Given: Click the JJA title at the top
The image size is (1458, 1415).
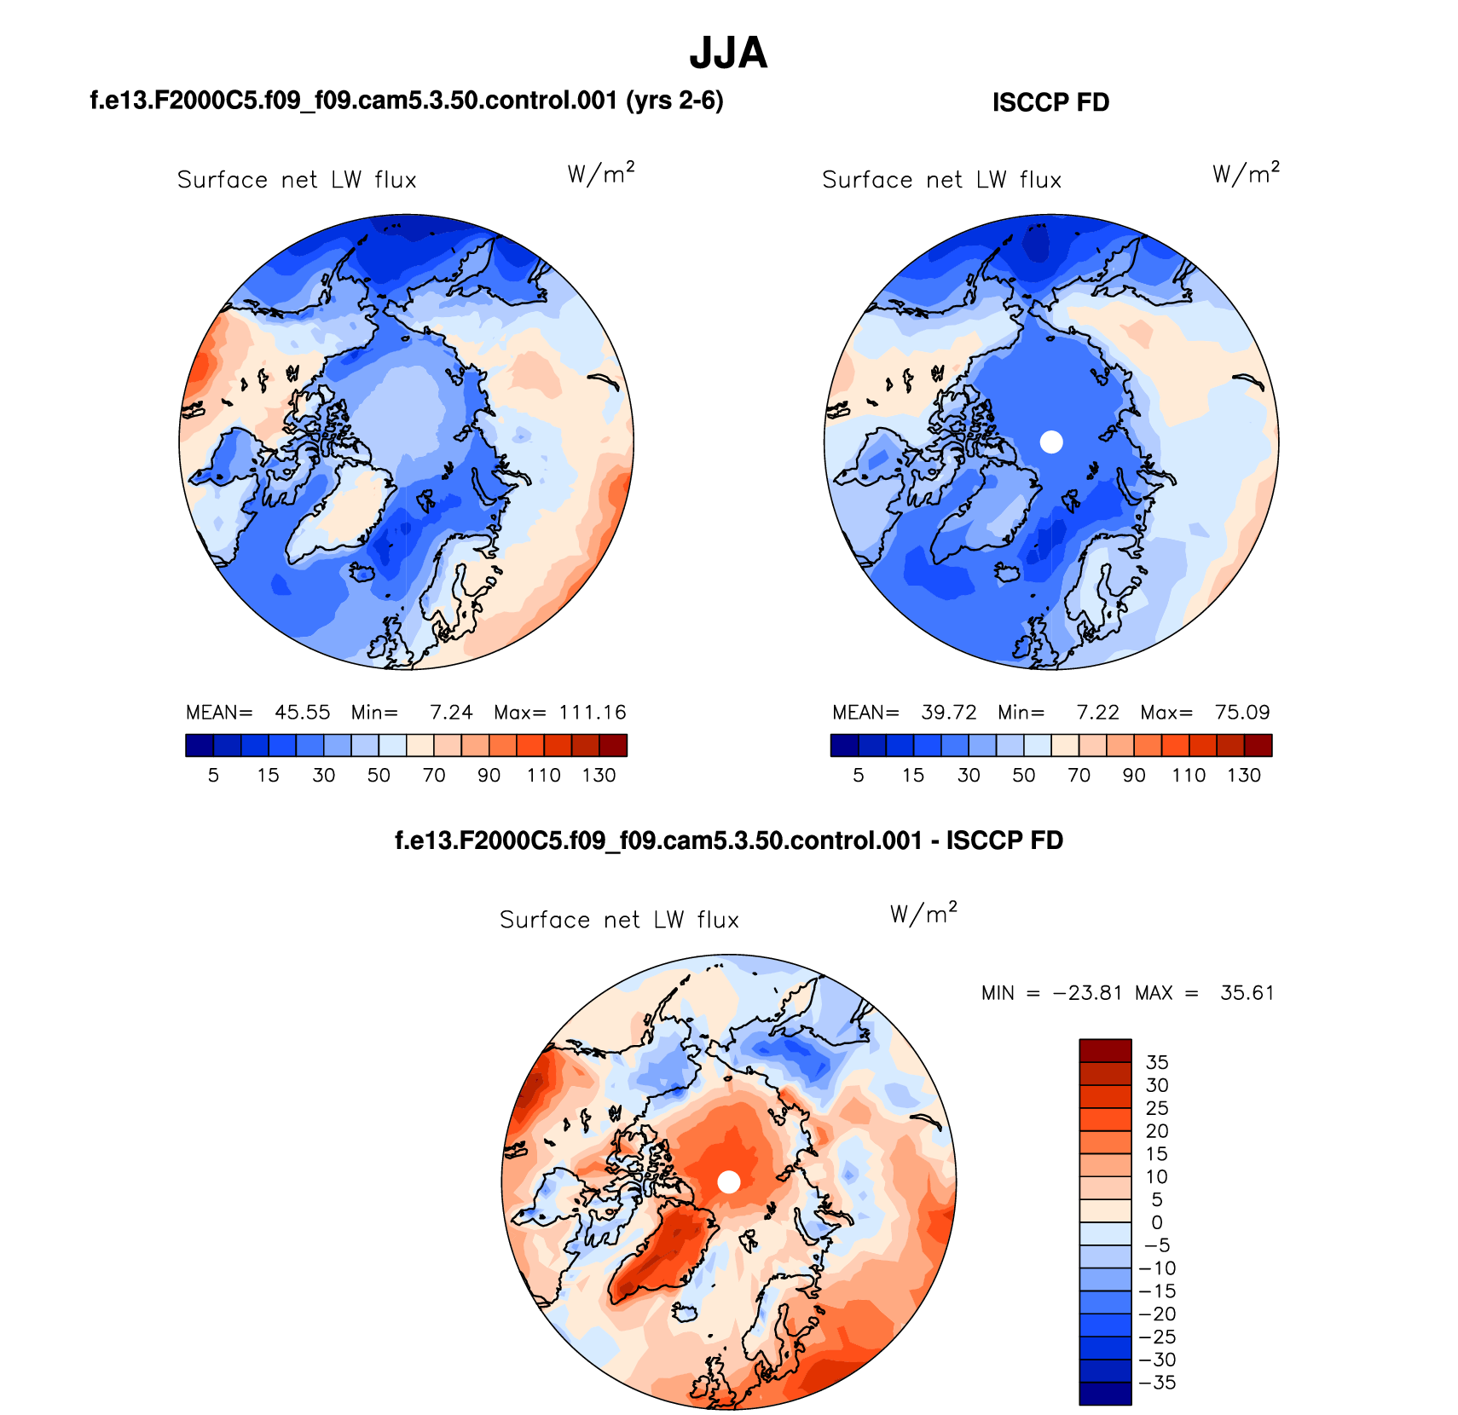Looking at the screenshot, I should click(x=728, y=53).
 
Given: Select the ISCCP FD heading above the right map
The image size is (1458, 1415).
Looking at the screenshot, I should click(x=1050, y=103).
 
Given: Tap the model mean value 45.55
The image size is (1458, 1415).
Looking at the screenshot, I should click(x=302, y=713).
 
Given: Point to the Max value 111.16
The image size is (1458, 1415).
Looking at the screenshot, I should click(x=593, y=713).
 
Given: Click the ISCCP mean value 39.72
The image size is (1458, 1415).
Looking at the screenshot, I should click(x=948, y=713).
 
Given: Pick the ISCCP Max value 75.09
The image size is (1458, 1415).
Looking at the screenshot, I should click(x=1242, y=713).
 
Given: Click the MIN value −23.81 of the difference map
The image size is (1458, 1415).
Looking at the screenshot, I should click(x=1087, y=993).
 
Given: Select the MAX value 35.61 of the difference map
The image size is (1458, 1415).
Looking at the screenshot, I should click(x=1247, y=993).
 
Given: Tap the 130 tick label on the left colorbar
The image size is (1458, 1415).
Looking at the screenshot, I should click(x=599, y=776).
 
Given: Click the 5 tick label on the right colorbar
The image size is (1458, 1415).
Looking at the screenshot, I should click(x=859, y=776).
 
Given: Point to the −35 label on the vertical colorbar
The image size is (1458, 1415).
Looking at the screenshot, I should click(x=1157, y=1383).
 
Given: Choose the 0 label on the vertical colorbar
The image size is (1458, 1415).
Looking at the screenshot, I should click(x=1156, y=1222).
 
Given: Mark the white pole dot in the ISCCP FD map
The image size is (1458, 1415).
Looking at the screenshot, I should click(x=1051, y=442).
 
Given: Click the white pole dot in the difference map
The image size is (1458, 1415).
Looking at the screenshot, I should click(x=728, y=1181).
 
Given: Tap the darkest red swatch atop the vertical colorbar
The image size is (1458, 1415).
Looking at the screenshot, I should click(x=1105, y=1050).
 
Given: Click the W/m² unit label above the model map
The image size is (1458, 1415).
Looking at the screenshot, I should click(x=600, y=174).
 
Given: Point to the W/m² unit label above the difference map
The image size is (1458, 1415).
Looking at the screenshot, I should click(x=923, y=914).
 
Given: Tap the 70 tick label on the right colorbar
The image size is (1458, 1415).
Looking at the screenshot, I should click(x=1079, y=776).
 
